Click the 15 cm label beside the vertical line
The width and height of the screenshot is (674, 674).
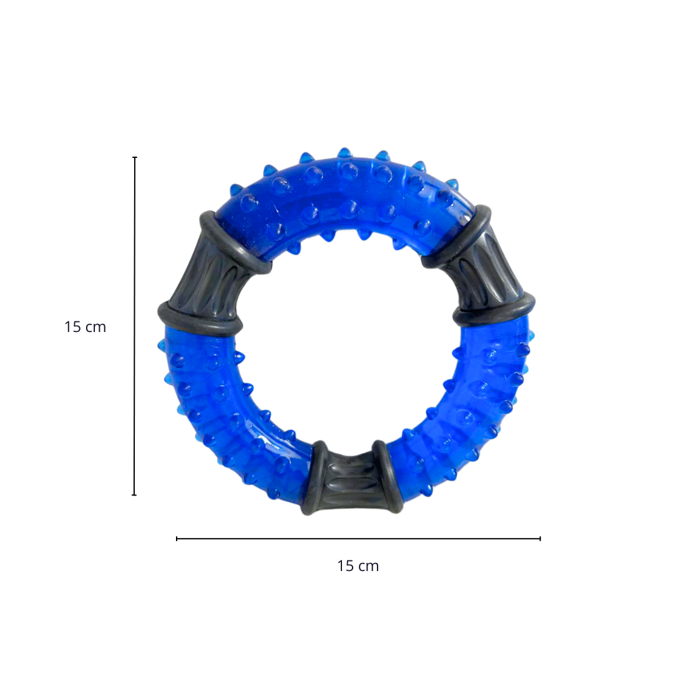click(85, 326)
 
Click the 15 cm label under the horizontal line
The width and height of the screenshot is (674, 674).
click(358, 566)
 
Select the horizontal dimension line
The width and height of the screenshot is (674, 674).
click(358, 539)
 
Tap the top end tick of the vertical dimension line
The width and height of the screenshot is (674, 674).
click(135, 158)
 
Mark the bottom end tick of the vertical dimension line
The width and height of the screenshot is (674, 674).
click(134, 495)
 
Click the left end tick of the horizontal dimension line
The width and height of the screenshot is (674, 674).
click(177, 539)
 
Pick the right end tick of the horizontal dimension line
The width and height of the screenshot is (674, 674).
click(540, 539)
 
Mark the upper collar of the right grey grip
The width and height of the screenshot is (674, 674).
click(459, 236)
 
